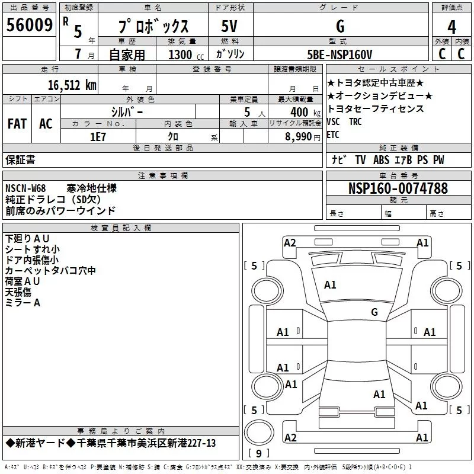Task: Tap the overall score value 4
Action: [451, 27]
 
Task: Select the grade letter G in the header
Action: [340, 27]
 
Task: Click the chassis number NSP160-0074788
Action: [398, 188]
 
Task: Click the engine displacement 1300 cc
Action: [182, 55]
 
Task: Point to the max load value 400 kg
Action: [299, 112]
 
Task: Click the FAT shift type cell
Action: [17, 124]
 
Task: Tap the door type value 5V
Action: [229, 27]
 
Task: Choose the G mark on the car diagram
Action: [374, 312]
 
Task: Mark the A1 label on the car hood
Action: [330, 285]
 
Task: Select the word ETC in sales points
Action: [333, 134]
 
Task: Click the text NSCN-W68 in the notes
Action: [25, 188]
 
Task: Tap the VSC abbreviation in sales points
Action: [334, 122]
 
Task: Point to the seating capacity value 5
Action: [246, 112]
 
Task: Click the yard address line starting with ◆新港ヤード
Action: [111, 443]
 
